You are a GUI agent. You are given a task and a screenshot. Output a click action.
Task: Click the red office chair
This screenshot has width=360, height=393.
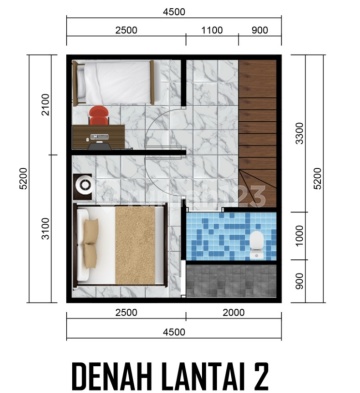click(99, 115)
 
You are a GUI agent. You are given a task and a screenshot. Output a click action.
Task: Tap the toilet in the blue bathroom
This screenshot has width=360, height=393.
click(257, 244)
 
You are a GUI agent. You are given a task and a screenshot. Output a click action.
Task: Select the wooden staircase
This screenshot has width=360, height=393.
click(257, 133)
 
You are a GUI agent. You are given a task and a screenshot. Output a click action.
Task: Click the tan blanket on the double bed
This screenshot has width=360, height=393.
click(135, 245)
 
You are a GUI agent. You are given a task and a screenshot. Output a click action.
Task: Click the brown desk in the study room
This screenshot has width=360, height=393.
click(99, 137)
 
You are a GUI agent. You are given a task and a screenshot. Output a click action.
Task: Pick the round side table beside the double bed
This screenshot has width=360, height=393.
click(83, 187)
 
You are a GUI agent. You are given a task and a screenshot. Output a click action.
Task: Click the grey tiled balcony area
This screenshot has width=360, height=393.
click(231, 280)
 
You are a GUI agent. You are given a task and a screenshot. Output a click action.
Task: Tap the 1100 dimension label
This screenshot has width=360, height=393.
click(212, 30)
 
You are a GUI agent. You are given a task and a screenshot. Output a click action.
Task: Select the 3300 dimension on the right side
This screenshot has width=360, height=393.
click(300, 133)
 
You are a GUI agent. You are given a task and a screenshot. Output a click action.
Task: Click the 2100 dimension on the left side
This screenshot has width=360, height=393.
click(45, 104)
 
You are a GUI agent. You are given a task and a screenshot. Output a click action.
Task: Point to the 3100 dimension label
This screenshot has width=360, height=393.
click(45, 228)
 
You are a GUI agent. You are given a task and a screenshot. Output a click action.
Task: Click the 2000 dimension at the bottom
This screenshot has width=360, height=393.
click(233, 313)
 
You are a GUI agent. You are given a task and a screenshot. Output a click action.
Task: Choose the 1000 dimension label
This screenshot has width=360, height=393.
click(300, 236)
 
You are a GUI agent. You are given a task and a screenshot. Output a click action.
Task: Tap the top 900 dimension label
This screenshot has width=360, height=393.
click(260, 30)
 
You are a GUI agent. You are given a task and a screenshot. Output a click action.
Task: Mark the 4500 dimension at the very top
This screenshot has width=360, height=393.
click(174, 12)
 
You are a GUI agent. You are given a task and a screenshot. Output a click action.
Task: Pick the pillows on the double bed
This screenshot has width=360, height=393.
click(90, 244)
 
